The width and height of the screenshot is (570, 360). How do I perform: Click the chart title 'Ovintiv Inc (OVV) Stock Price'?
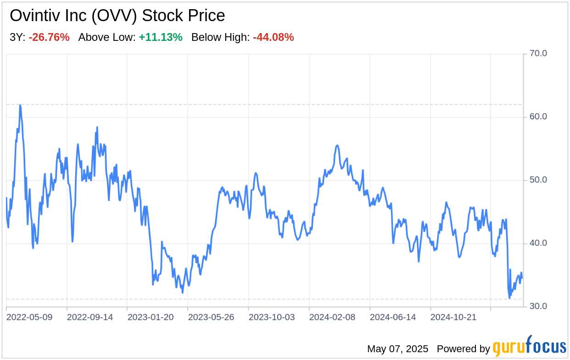pyautogui.click(x=117, y=16)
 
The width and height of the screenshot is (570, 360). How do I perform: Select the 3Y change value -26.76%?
pyautogui.click(x=49, y=38)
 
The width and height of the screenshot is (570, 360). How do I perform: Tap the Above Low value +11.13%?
pyautogui.click(x=161, y=38)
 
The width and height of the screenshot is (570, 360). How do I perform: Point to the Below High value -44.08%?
pyautogui.click(x=273, y=38)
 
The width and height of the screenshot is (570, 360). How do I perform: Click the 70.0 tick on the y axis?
pyautogui.click(x=538, y=54)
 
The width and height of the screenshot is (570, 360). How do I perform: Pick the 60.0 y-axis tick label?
pyautogui.click(x=538, y=117)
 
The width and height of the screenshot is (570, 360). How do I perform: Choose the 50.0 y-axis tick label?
pyautogui.click(x=538, y=180)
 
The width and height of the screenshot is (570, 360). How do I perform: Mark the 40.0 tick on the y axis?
pyautogui.click(x=538, y=243)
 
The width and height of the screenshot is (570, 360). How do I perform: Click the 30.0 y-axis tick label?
pyautogui.click(x=538, y=306)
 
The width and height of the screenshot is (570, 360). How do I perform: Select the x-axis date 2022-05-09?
pyautogui.click(x=29, y=317)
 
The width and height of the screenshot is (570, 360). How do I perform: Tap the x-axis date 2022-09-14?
pyautogui.click(x=90, y=317)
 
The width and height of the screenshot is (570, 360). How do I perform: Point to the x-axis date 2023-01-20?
pyautogui.click(x=151, y=317)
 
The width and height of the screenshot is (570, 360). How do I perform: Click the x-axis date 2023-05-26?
pyautogui.click(x=211, y=317)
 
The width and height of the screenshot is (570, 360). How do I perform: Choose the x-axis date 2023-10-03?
pyautogui.click(x=272, y=317)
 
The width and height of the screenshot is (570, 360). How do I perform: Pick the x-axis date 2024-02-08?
pyautogui.click(x=332, y=317)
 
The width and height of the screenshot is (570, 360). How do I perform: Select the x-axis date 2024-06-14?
pyautogui.click(x=393, y=317)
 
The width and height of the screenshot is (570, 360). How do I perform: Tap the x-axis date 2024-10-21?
pyautogui.click(x=453, y=317)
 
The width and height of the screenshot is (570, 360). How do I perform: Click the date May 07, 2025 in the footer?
pyautogui.click(x=397, y=349)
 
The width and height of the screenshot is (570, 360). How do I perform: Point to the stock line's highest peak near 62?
pyautogui.click(x=20, y=105)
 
